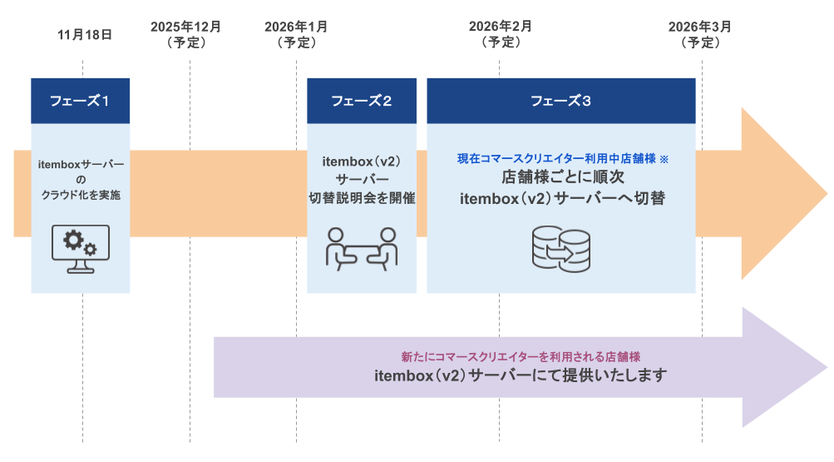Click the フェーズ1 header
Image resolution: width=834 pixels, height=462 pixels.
pyautogui.click(x=81, y=101)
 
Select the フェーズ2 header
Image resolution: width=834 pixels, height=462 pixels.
pyautogui.click(x=362, y=101)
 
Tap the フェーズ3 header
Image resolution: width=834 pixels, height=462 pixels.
pyautogui.click(x=561, y=101)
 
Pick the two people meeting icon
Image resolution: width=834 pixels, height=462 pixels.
pyautogui.click(x=362, y=248)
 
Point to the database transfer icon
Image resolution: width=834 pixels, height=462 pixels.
pyautogui.click(x=560, y=250)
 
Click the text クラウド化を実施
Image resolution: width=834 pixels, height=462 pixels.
pyautogui.click(x=81, y=194)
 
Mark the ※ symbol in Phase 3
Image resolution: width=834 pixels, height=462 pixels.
pyautogui.click(x=664, y=158)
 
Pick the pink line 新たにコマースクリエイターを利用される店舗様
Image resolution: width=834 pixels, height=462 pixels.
pyautogui.click(x=520, y=355)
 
